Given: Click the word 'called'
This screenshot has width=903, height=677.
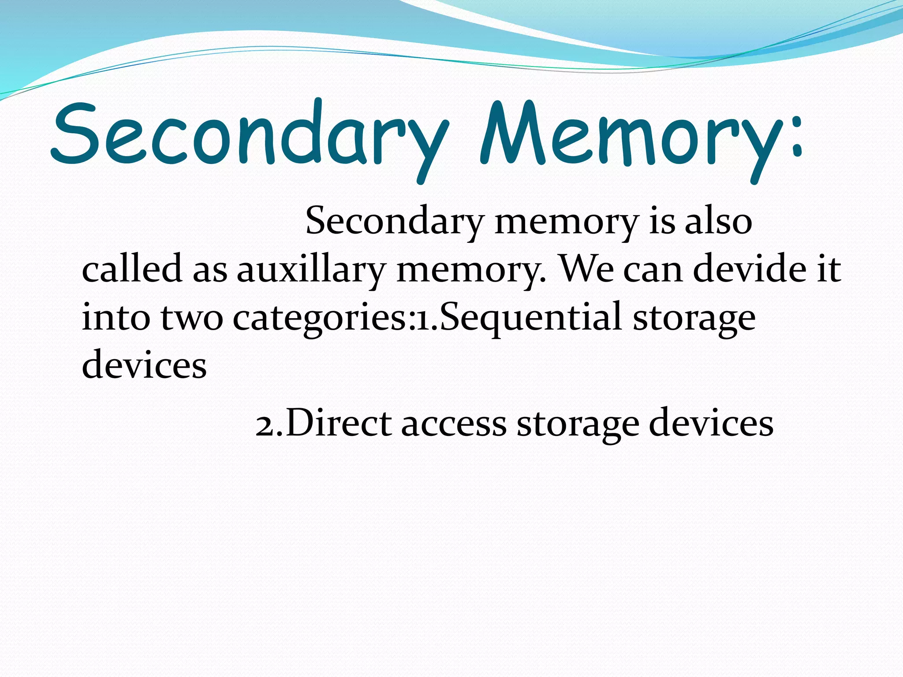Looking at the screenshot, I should point(132,269).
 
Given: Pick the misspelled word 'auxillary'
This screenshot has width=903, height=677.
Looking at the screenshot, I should point(311,270).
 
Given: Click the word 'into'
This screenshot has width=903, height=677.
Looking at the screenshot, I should point(116,317).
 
